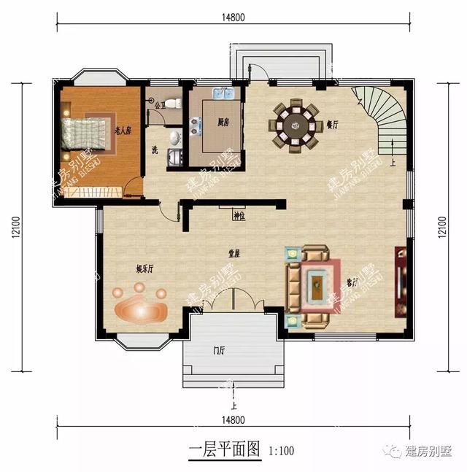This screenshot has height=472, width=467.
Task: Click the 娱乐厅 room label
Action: tap(144, 268)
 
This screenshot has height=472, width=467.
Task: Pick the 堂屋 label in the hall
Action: tap(234, 254)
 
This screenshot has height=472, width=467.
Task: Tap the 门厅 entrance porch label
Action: tap(219, 351)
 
